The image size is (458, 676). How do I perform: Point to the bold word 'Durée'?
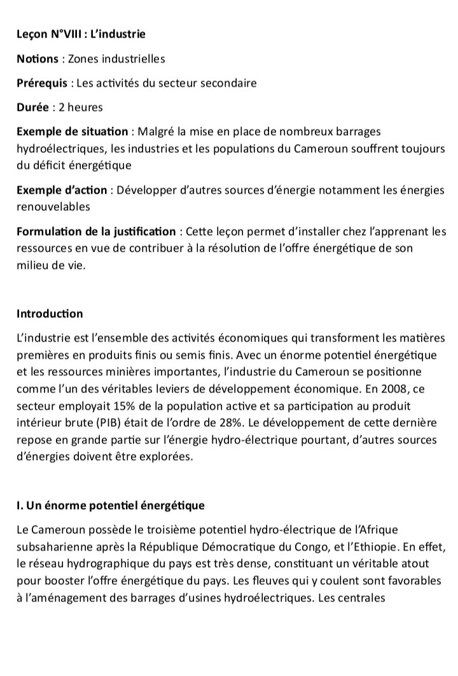pos(31,108)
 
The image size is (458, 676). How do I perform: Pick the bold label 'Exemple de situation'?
pos(72,132)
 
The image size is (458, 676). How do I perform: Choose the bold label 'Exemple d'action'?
pos(60,190)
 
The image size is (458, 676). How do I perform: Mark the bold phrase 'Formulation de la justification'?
pos(95,231)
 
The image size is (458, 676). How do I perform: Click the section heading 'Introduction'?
pos(49,313)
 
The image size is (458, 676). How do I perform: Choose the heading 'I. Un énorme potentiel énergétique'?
pos(110,506)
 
